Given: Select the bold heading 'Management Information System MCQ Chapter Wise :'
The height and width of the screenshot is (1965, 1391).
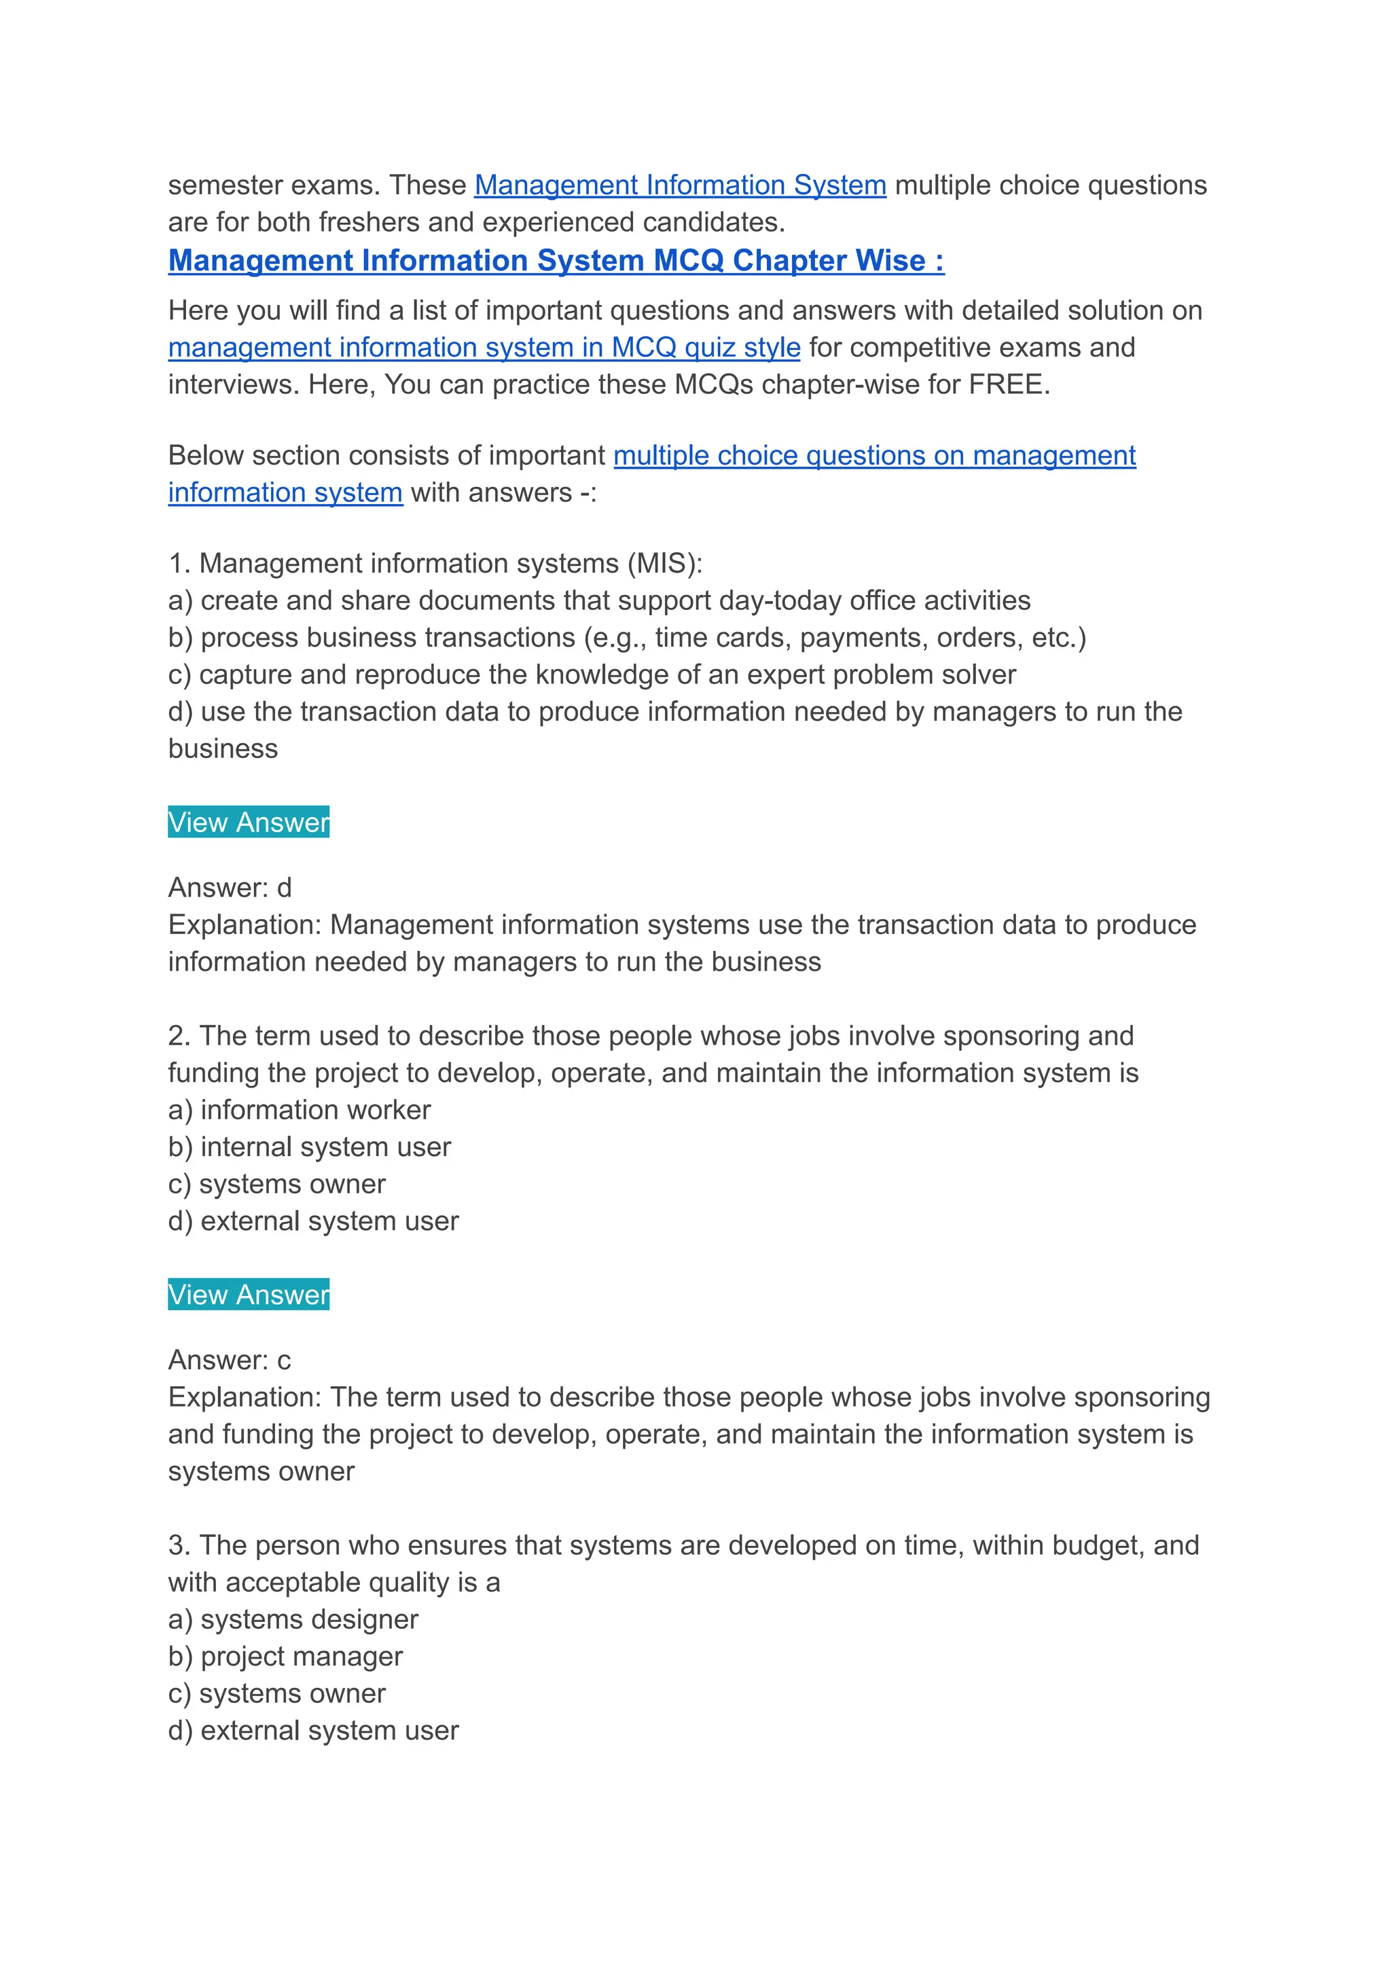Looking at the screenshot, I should tap(556, 260).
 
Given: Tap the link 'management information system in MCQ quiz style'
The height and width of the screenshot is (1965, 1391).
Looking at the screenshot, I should tap(484, 348).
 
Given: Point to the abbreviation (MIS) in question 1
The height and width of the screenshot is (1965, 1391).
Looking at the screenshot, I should tap(665, 564).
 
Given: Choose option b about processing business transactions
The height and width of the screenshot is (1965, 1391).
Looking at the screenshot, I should tap(627, 638).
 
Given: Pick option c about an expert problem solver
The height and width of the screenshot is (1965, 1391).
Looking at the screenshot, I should tap(592, 675).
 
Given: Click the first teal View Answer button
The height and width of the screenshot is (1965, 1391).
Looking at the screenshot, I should tap(249, 823).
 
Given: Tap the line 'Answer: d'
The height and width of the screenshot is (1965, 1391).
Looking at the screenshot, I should tap(230, 888).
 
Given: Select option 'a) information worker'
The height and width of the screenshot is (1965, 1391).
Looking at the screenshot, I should tap(299, 1110).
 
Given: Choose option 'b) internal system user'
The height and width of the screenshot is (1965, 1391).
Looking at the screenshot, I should tap(309, 1147).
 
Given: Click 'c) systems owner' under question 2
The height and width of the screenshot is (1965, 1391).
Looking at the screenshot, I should tap(276, 1184).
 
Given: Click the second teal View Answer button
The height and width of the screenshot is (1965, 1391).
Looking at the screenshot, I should tap(249, 1295).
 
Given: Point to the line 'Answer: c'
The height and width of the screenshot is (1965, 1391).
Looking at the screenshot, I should tap(230, 1360).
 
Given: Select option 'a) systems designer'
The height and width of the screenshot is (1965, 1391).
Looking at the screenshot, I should tap(293, 1620).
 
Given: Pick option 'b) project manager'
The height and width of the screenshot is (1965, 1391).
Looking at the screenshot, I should tap(285, 1657).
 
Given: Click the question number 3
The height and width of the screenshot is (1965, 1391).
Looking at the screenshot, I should tap(177, 1546).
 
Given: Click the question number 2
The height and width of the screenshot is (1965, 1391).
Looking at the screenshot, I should tap(177, 1036).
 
